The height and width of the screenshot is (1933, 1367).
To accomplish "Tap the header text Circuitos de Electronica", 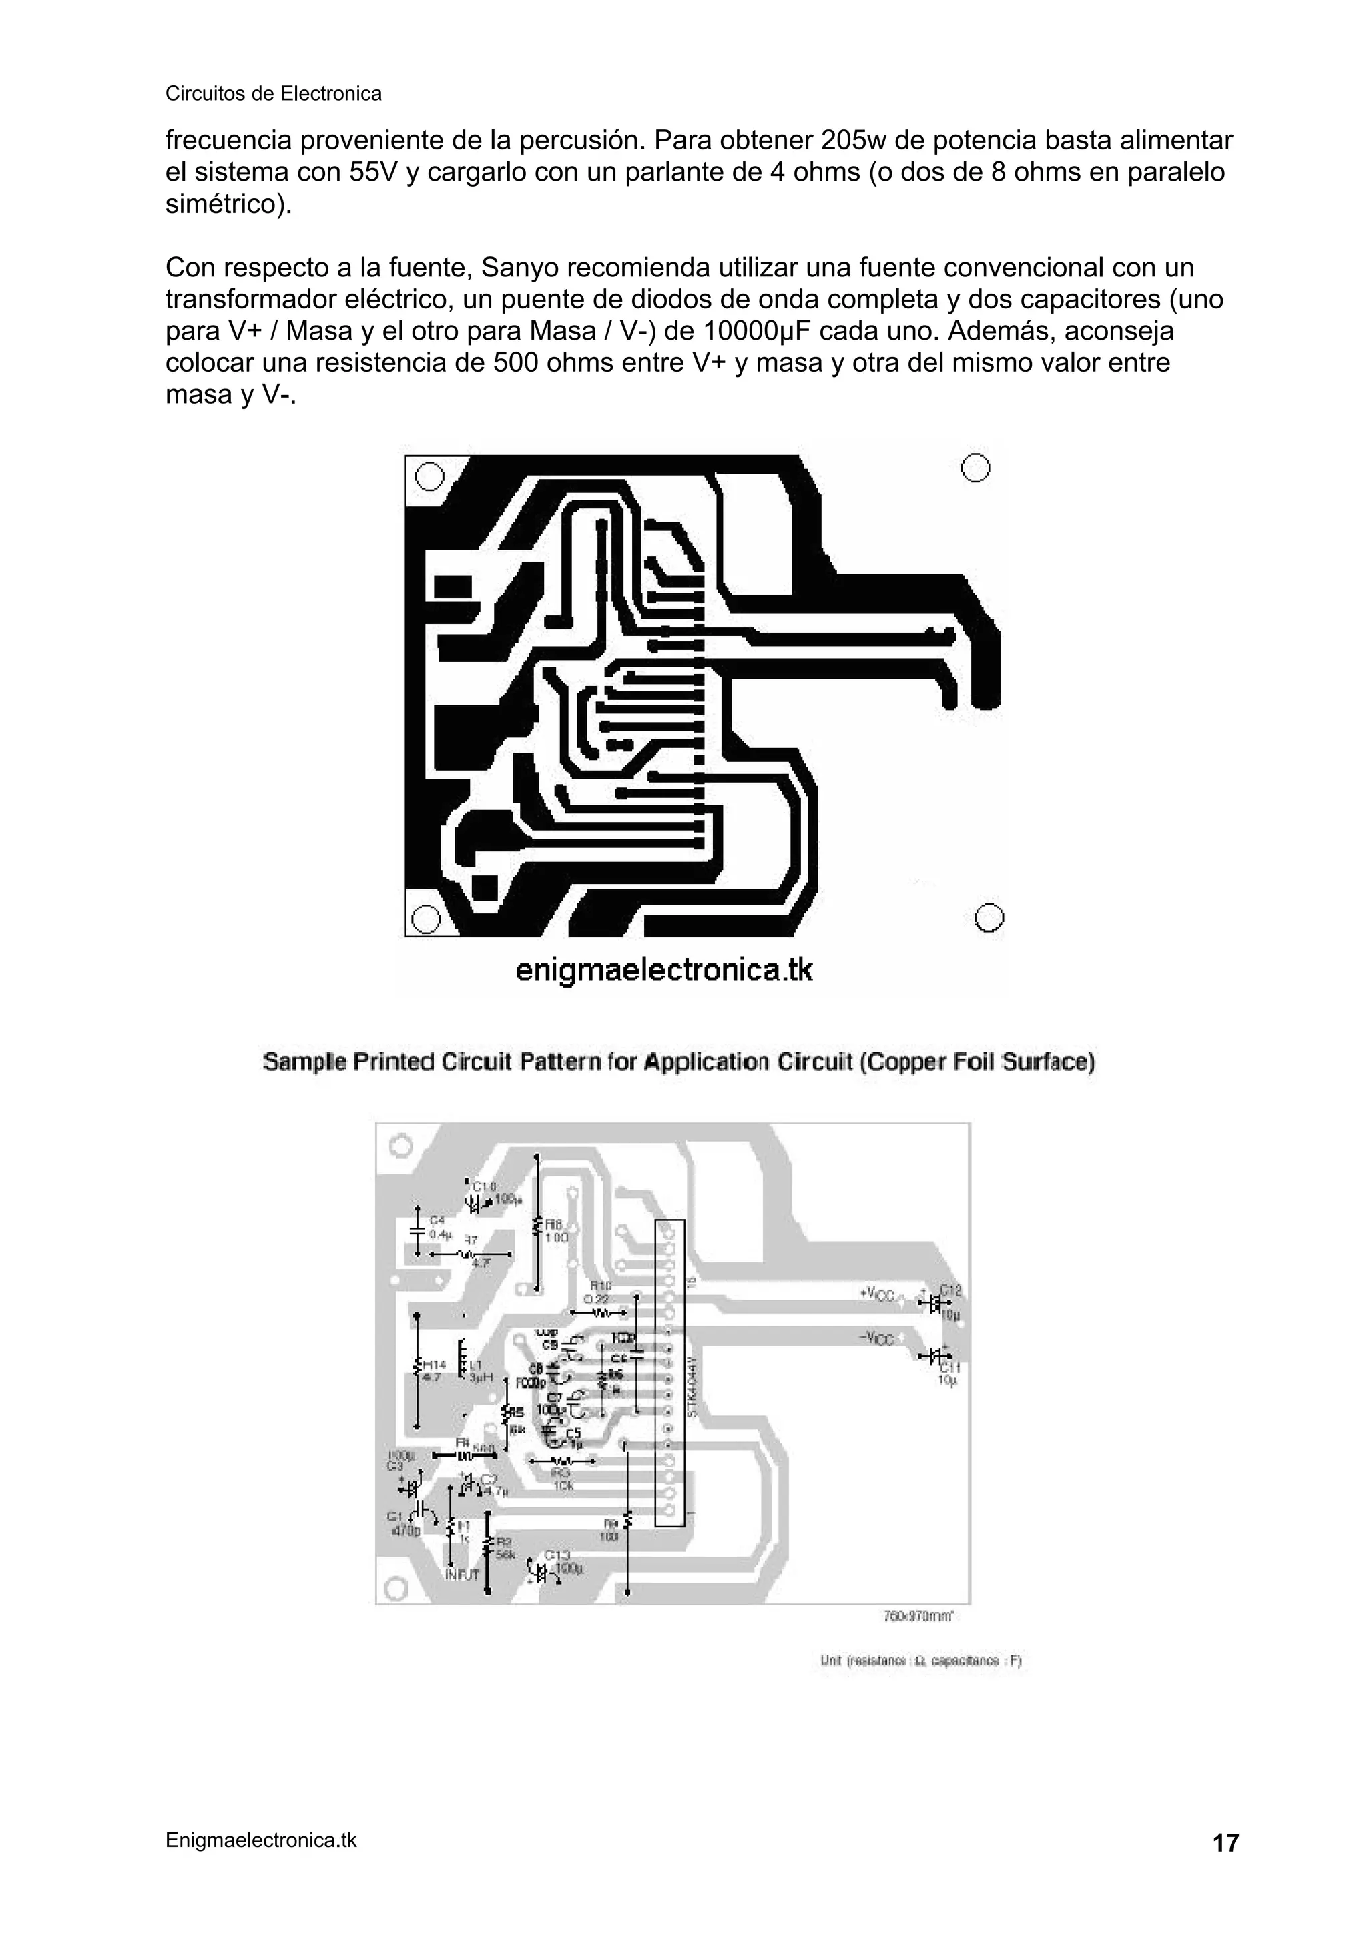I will pos(273,93).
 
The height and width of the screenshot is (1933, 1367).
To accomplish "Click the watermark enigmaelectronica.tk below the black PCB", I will pos(663,970).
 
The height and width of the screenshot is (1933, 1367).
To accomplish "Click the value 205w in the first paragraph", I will pos(846,139).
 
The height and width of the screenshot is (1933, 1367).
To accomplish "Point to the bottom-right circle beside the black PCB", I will pos(990,917).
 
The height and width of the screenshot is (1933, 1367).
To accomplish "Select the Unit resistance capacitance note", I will pos(920,1662).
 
